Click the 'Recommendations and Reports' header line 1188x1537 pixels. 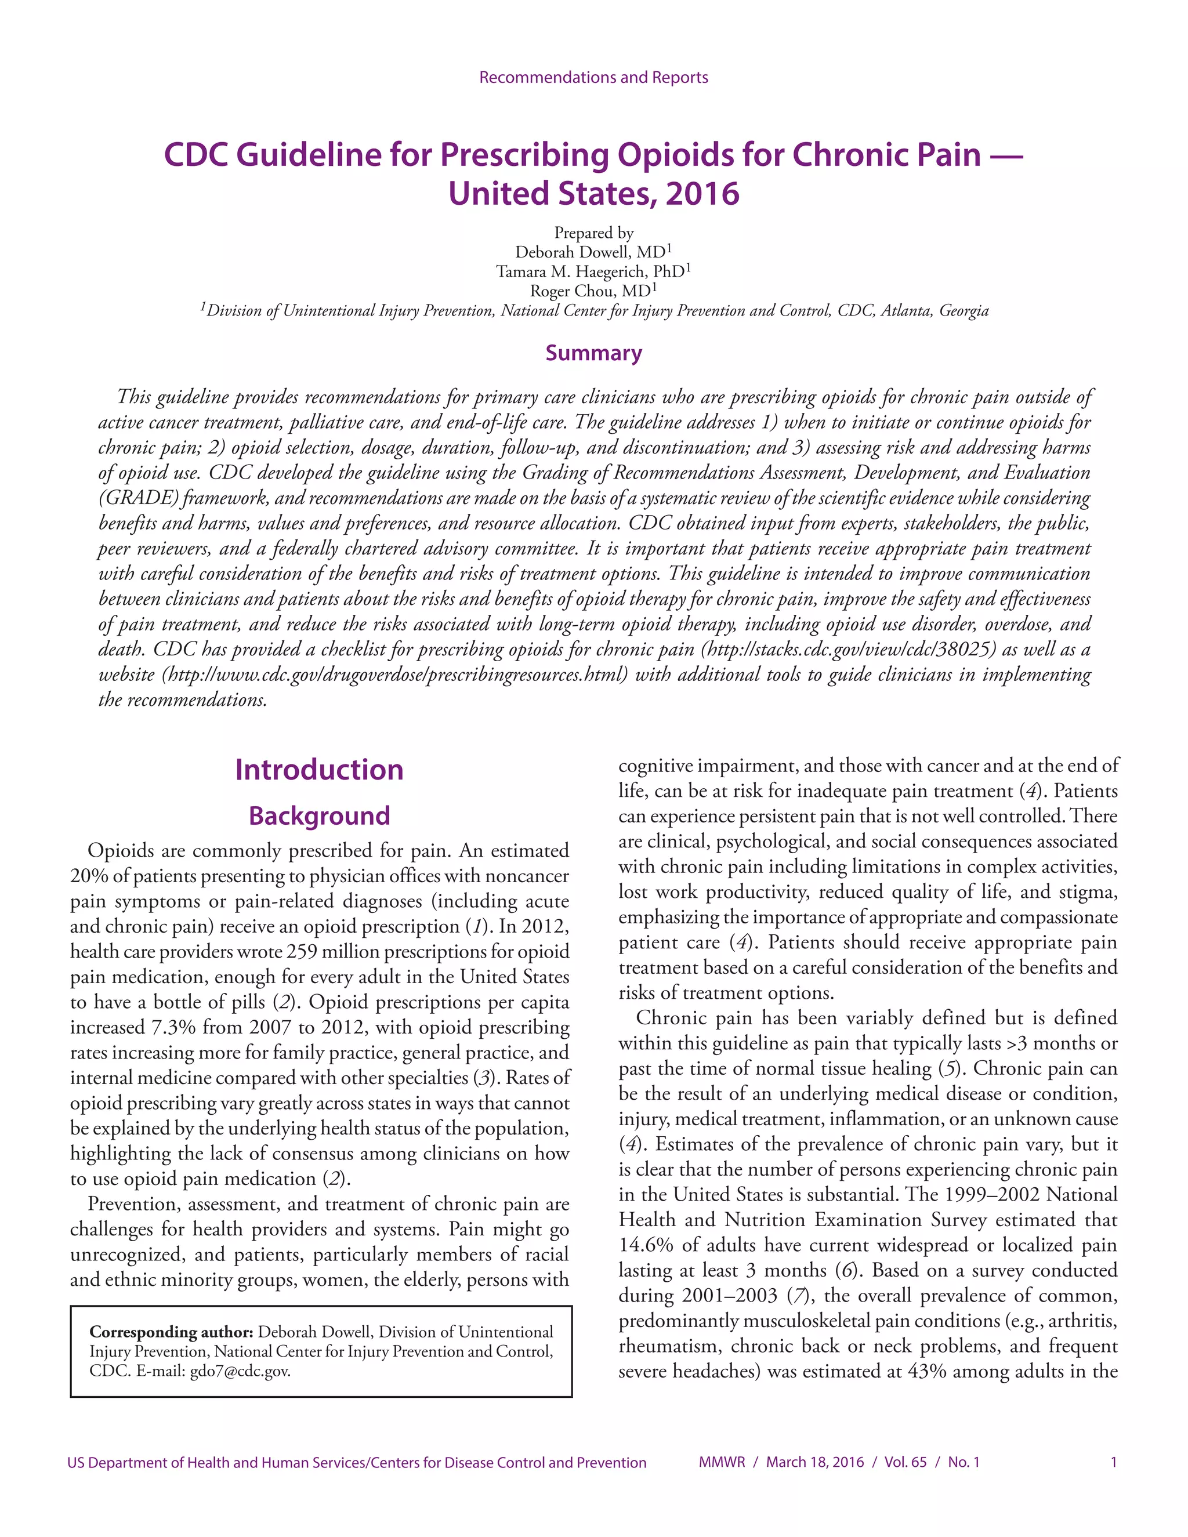click(593, 77)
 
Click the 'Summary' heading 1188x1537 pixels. click(593, 353)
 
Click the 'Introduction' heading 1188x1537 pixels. click(319, 769)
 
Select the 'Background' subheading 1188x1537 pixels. click(319, 815)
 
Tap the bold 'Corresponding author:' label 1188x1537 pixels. click(171, 1332)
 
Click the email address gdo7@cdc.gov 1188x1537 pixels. click(240, 1371)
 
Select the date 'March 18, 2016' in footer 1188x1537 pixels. click(814, 1462)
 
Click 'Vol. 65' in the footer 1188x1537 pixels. click(905, 1462)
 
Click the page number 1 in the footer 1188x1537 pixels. click(1113, 1462)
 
